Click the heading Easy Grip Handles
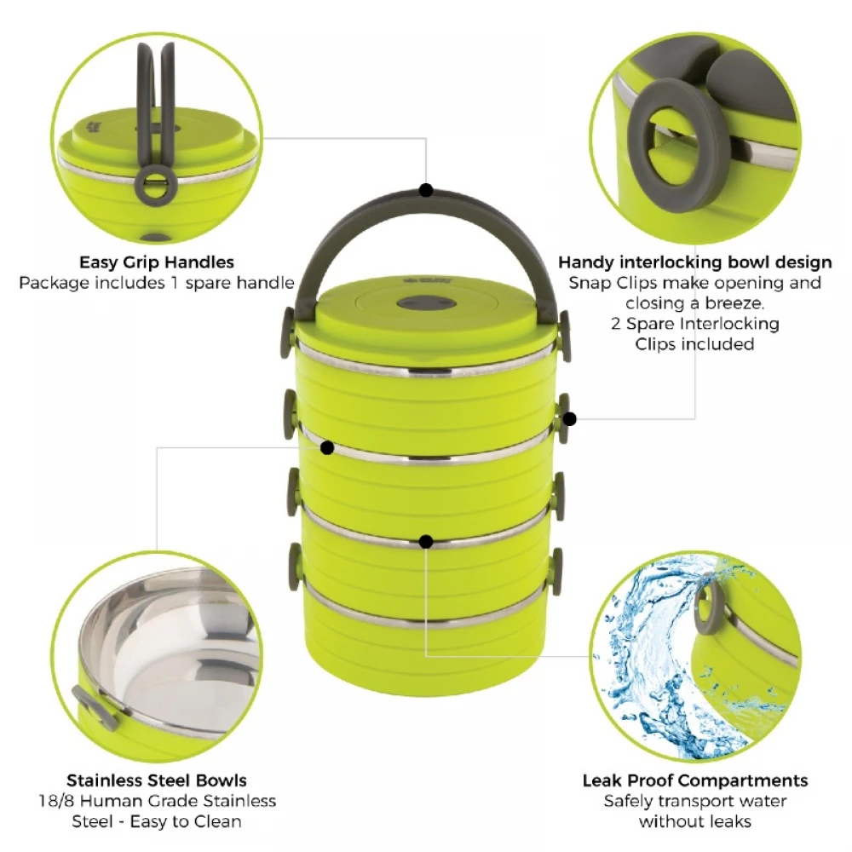156,262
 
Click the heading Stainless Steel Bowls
157,780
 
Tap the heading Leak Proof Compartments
695,780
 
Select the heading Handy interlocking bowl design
695,262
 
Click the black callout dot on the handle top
426,190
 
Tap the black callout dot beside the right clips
569,418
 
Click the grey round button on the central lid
426,304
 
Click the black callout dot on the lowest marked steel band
426,540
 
